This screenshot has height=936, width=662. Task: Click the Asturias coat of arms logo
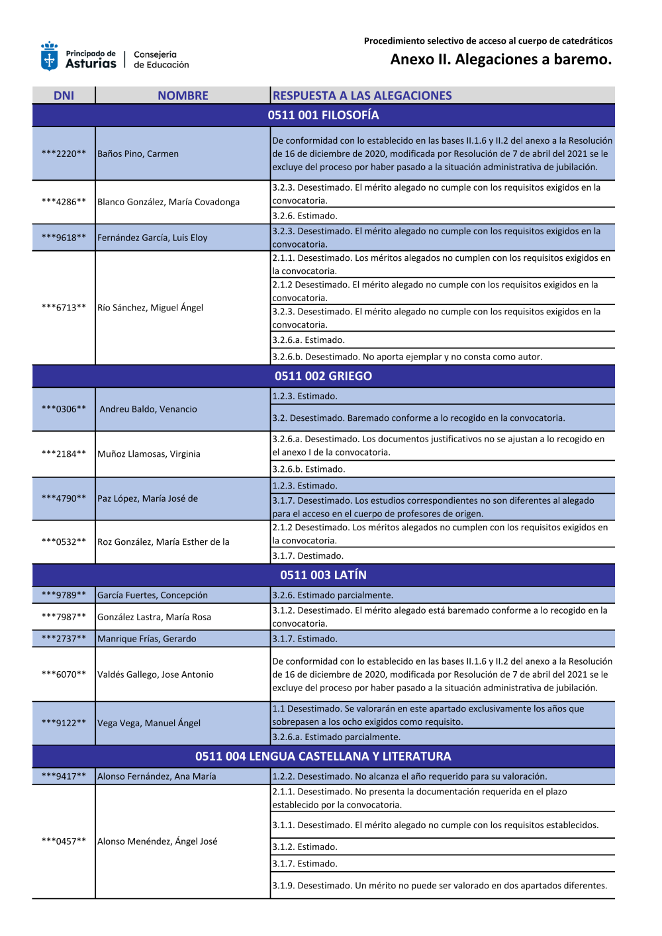[x=49, y=57]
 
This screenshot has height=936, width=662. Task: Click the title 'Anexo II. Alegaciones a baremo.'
[x=500, y=60]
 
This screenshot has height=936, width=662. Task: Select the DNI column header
[x=64, y=96]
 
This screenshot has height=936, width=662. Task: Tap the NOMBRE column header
[x=183, y=96]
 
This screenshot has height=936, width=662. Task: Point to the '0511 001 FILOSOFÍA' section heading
[x=323, y=115]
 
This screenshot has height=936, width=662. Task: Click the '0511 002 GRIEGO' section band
[x=323, y=376]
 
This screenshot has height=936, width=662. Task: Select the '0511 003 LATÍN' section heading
[x=323, y=575]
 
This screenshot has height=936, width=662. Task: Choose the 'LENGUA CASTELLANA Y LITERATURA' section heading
[x=323, y=757]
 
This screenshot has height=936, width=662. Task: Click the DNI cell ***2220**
[x=64, y=154]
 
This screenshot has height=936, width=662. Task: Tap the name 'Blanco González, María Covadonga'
[x=168, y=202]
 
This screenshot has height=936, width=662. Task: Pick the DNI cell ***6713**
[x=64, y=307]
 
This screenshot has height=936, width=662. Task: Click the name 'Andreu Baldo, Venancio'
[x=148, y=409]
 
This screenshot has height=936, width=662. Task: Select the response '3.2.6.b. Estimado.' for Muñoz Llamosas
[x=308, y=469]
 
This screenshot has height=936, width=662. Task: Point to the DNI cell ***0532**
[x=64, y=541]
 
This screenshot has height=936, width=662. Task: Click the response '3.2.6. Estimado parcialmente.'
[x=332, y=595]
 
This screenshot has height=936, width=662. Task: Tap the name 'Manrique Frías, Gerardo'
[x=147, y=639]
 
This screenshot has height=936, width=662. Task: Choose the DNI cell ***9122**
[x=64, y=723]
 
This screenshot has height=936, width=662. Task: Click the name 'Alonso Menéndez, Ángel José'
[x=158, y=841]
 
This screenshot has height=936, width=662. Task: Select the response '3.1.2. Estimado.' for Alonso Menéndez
[x=305, y=847]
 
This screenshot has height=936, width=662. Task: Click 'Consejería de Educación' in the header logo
[x=161, y=60]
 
